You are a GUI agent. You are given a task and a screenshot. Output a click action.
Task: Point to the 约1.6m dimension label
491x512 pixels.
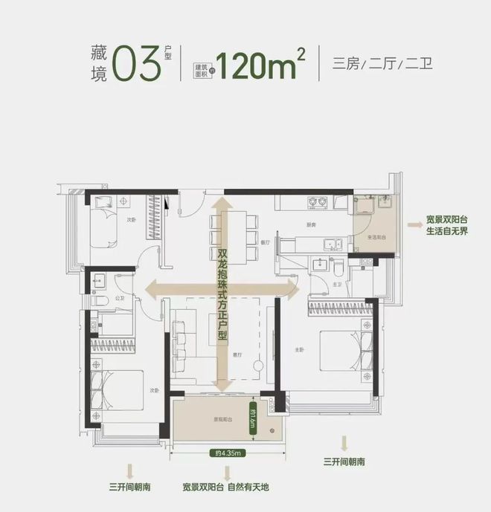pyautogui.click(x=254, y=424)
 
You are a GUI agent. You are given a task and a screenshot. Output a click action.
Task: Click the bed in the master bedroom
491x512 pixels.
pyautogui.click(x=343, y=349)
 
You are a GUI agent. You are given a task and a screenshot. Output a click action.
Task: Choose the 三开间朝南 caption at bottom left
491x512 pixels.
pyautogui.click(x=129, y=487)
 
